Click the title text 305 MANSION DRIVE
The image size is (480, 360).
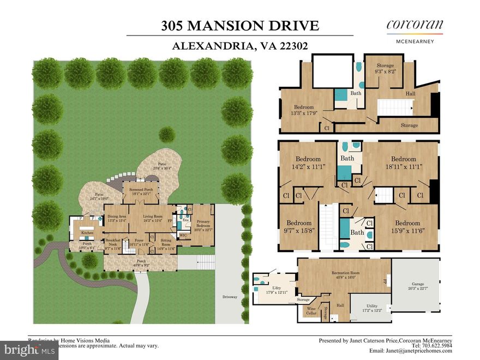239,26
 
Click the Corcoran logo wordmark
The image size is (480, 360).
415,25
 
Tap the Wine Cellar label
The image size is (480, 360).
309,310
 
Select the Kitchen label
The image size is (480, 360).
87,232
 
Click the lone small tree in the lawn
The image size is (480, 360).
167,134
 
